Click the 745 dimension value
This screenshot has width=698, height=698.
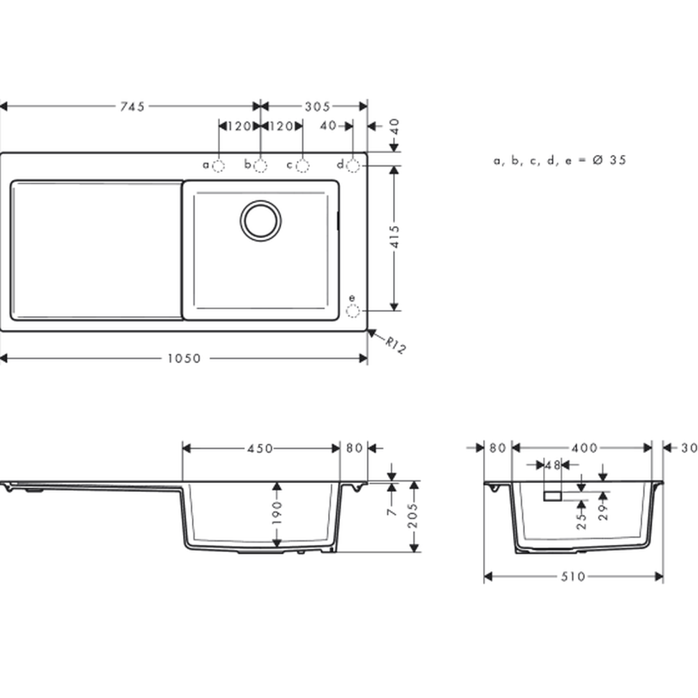[132, 106]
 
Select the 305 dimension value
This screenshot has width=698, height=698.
[318, 106]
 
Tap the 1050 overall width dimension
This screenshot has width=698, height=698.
[184, 358]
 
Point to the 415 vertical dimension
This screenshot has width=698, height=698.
[394, 237]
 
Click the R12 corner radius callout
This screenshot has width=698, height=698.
[395, 345]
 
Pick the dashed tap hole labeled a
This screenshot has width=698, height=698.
[218, 166]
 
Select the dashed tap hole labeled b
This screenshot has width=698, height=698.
[260, 166]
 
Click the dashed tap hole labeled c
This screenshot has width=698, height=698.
[303, 166]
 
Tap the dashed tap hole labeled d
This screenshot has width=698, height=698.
[353, 166]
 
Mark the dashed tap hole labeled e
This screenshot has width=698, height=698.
[353, 311]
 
